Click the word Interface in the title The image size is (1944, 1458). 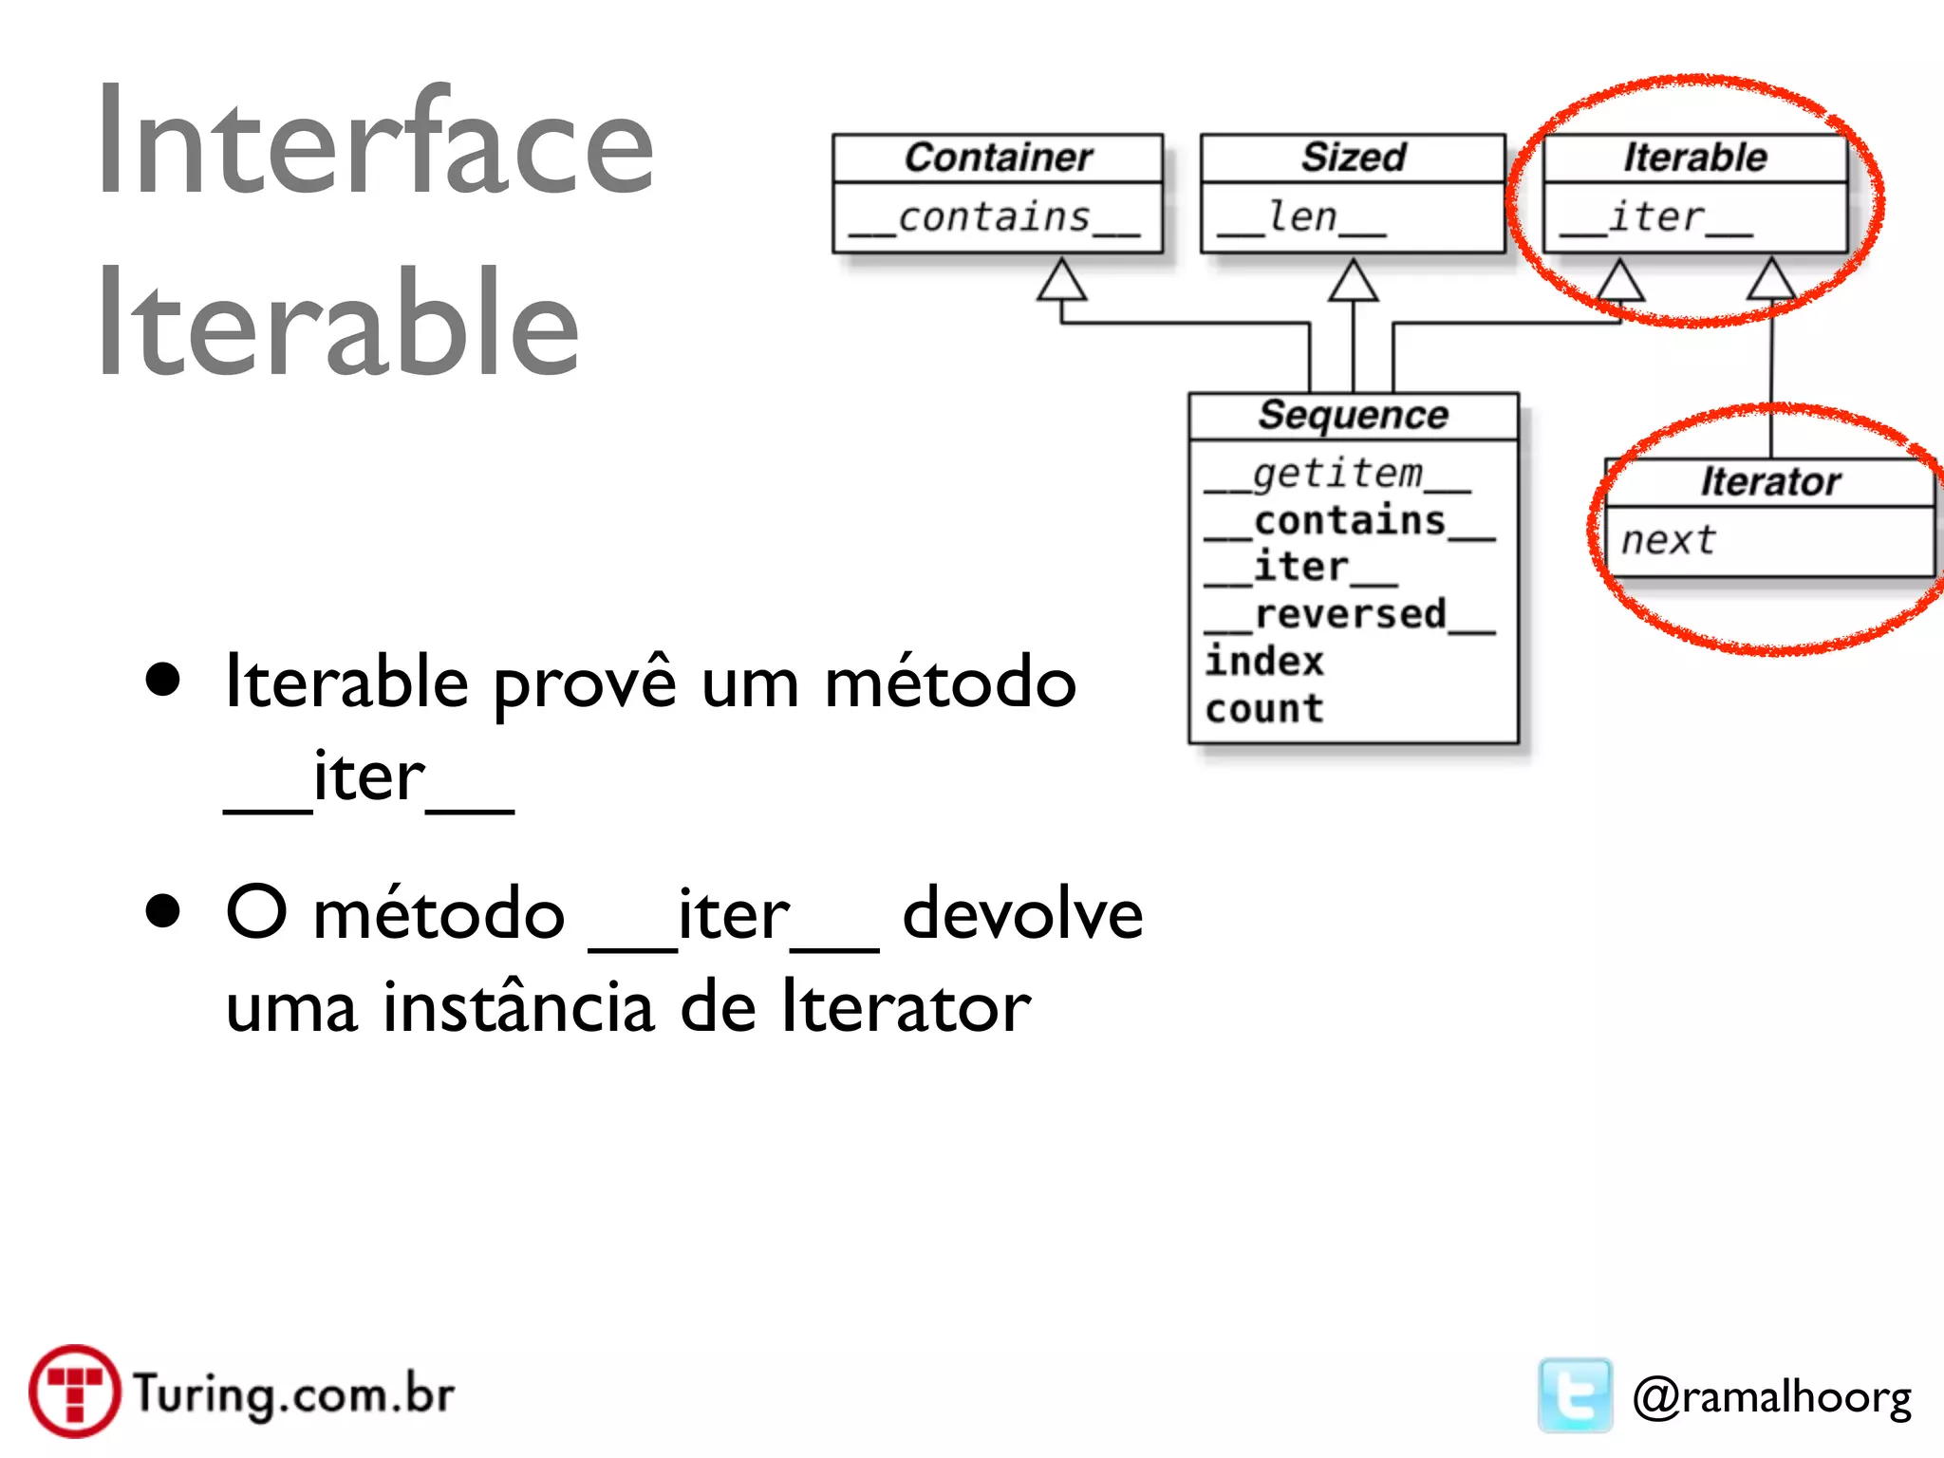376,142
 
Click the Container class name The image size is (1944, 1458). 998,158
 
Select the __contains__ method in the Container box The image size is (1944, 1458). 994,218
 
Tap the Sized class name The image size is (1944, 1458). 1353,158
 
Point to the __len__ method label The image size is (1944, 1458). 1301,218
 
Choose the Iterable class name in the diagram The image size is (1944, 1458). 1695,158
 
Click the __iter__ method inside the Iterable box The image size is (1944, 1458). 1655,218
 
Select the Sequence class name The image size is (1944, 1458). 1354,416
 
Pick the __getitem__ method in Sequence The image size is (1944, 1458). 1337,474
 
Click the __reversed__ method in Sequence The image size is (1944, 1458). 1350,615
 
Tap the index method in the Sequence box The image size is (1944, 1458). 1264,662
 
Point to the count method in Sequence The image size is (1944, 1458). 1264,709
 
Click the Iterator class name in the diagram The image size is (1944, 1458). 1770,482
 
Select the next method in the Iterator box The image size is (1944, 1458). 1668,540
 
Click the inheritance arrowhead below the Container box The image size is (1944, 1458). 1061,281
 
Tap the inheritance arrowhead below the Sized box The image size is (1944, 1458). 1353,281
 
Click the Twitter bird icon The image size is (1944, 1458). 1575,1394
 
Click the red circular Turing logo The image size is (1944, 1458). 74,1392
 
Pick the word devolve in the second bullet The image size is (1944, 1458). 1022,914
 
